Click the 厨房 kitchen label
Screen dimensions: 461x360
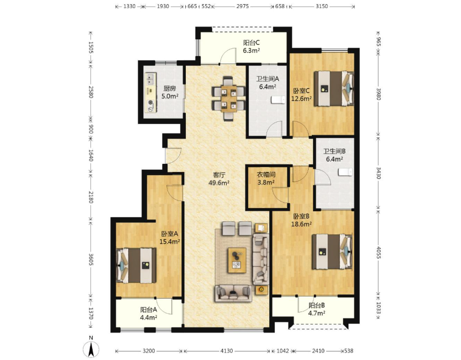[170, 88]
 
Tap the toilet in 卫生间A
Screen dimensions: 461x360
[278, 100]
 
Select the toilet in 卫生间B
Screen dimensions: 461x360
[345, 172]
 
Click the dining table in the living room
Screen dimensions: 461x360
[229, 99]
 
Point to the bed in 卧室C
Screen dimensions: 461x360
[334, 88]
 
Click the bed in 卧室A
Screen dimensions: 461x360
[136, 266]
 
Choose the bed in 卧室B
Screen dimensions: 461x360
[332, 252]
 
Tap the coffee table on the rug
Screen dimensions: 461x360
[237, 260]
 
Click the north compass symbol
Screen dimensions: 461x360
[92, 349]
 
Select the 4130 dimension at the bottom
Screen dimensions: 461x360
[227, 351]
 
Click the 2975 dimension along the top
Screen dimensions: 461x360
[242, 6]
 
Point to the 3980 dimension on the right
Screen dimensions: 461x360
[379, 94]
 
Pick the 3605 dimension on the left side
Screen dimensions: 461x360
[91, 259]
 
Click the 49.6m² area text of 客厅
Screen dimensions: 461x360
[219, 183]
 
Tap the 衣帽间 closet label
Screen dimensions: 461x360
[266, 175]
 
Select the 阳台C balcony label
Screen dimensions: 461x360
[252, 43]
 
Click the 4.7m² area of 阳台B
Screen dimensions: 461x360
[317, 313]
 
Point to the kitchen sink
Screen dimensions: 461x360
[151, 79]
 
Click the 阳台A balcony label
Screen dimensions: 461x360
[149, 310]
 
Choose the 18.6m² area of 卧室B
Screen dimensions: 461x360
[302, 224]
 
